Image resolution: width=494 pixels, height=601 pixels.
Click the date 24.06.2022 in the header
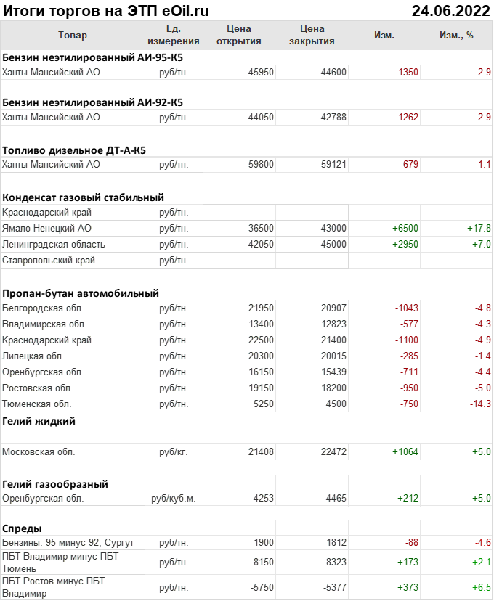point(450,11)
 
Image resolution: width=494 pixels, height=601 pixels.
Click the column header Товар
point(72,35)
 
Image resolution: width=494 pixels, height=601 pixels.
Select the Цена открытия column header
point(238,35)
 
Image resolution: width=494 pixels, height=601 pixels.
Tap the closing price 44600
point(333,73)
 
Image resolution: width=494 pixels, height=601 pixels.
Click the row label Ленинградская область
point(54,244)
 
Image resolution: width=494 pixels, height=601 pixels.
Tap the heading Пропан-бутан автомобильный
point(81,293)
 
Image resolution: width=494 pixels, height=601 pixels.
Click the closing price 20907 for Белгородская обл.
point(333,308)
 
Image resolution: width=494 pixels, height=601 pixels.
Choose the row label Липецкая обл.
point(33,356)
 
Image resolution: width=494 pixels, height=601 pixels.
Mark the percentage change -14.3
point(479,404)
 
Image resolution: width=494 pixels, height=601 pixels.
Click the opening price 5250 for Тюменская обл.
point(263,404)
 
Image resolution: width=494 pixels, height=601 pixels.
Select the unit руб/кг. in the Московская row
point(173,451)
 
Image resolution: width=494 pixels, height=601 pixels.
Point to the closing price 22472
point(333,451)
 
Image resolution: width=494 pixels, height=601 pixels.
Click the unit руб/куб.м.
point(173,499)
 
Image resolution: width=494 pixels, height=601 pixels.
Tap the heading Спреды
point(22,528)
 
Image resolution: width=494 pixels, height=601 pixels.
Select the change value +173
point(406,562)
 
